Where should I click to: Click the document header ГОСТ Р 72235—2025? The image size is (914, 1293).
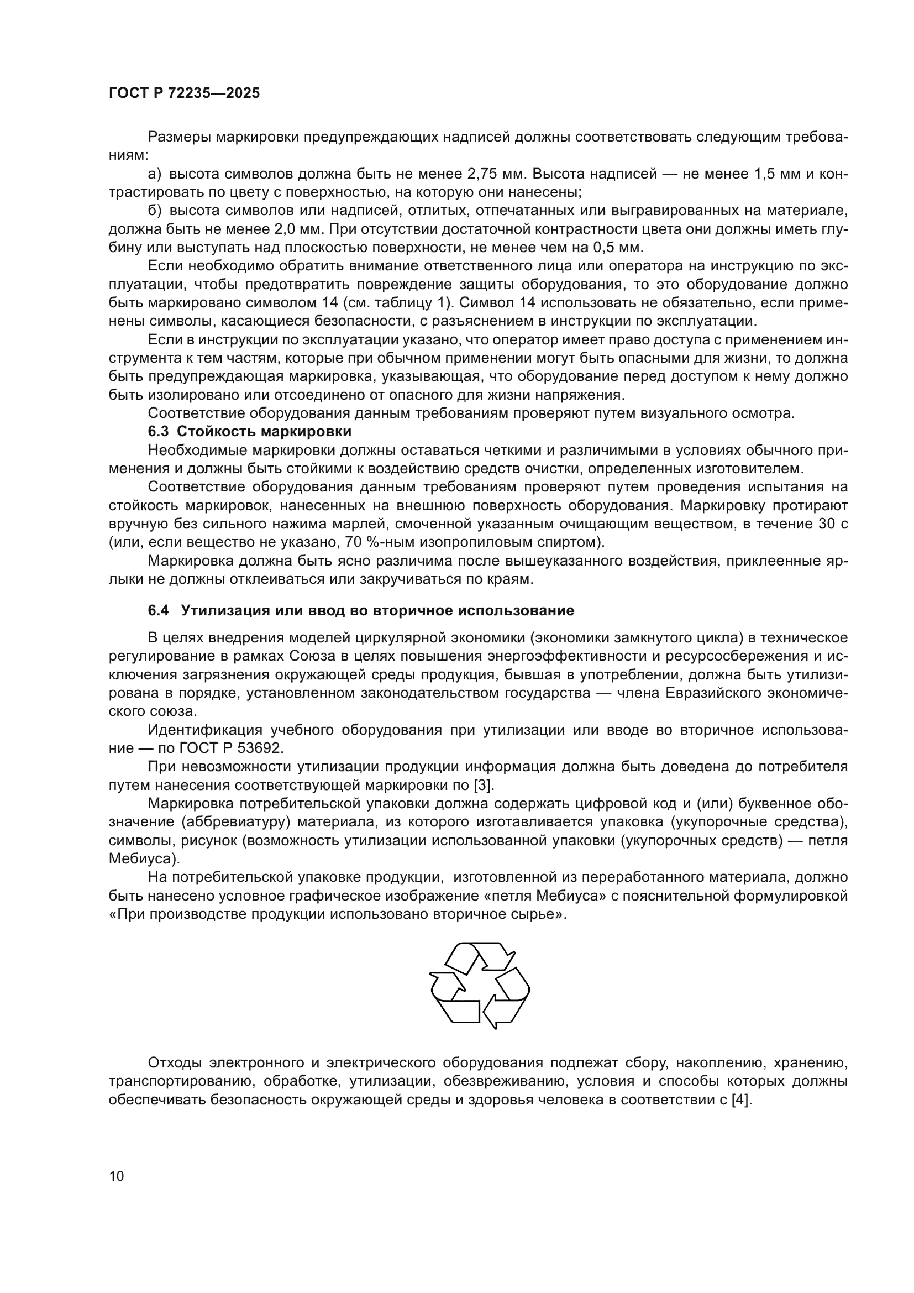coord(184,93)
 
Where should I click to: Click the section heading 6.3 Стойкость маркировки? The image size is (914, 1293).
coord(249,431)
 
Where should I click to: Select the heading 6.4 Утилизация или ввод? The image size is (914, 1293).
coord(361,610)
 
